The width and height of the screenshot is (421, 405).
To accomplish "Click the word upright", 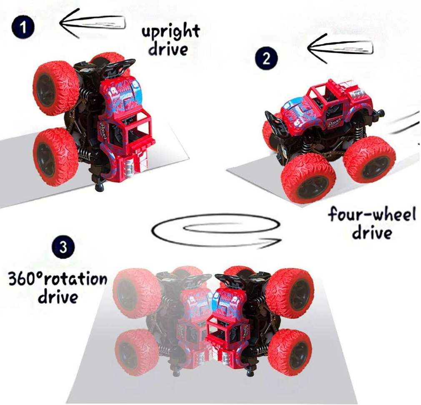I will click(x=170, y=32).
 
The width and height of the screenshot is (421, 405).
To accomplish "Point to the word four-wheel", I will click(x=372, y=215).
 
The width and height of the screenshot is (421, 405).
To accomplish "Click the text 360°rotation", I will click(x=58, y=278).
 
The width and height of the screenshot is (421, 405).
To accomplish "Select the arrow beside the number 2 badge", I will click(x=340, y=47).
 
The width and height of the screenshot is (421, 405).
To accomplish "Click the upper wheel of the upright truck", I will click(x=55, y=87).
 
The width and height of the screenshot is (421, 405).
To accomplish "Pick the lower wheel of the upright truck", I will click(x=55, y=157).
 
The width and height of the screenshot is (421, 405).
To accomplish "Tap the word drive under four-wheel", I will click(x=372, y=232).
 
